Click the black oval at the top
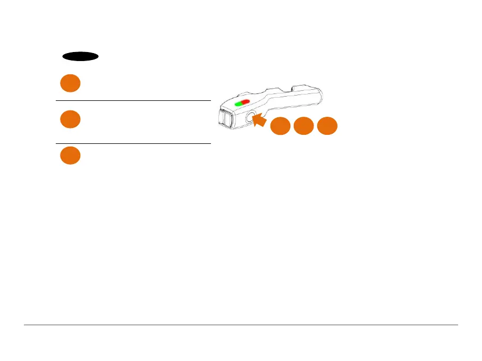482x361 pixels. pyautogui.click(x=80, y=56)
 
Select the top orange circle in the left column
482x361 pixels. pyautogui.click(x=70, y=83)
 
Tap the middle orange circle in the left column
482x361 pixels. pyautogui.click(x=70, y=119)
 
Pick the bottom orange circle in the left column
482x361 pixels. pyautogui.click(x=70, y=156)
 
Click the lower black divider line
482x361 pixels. pyautogui.click(x=133, y=143)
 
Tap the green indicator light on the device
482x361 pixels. pyautogui.click(x=239, y=103)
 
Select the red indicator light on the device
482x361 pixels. pyautogui.click(x=246, y=102)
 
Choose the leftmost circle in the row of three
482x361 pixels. pyautogui.click(x=280, y=126)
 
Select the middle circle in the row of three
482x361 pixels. pyautogui.click(x=303, y=126)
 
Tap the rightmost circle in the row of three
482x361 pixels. pyautogui.click(x=327, y=126)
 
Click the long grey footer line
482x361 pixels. pyautogui.click(x=241, y=325)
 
